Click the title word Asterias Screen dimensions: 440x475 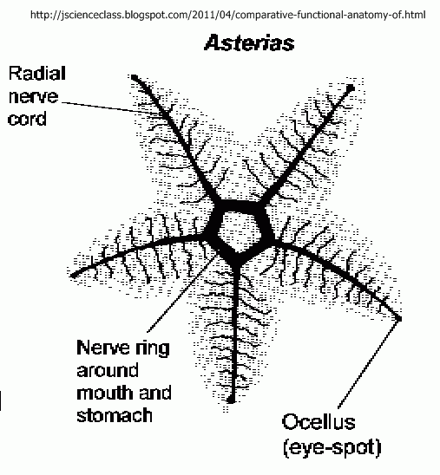tap(249, 42)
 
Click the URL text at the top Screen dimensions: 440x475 tap(228, 15)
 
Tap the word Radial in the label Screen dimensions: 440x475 tap(37, 74)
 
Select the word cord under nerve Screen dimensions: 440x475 tap(27, 118)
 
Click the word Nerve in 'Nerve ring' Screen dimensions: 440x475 tap(103, 348)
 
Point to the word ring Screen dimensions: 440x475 tap(153, 349)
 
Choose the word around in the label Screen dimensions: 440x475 tap(108, 370)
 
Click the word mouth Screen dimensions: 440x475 tap(105, 393)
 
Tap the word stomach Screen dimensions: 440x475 tap(115, 414)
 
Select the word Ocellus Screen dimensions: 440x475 tap(319, 421)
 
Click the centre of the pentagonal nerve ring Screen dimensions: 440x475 tap(239, 231)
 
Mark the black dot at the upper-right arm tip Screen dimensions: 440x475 tap(351, 88)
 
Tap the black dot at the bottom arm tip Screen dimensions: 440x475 tap(231, 400)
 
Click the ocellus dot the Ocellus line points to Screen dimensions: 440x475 tap(399, 318)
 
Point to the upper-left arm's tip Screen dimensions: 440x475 tap(134, 76)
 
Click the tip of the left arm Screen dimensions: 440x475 tap(73, 276)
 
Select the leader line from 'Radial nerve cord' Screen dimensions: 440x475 tap(111, 108)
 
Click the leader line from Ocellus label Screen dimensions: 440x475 tap(368, 364)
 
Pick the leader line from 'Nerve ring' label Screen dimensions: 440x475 tap(183, 293)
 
